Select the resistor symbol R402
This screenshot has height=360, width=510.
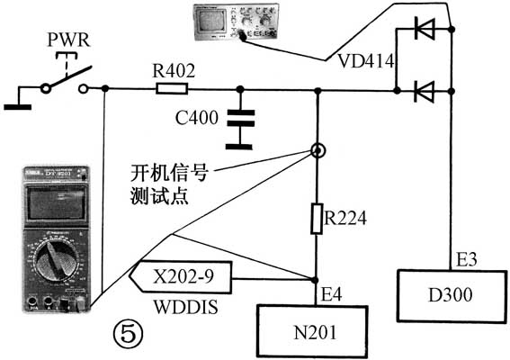pyautogui.click(x=170, y=88)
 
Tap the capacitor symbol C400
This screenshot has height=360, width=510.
pyautogui.click(x=238, y=118)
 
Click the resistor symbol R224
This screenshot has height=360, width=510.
pyautogui.click(x=317, y=218)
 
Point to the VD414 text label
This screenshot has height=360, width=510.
pyautogui.click(x=363, y=61)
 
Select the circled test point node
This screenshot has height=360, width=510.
pyautogui.click(x=318, y=151)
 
